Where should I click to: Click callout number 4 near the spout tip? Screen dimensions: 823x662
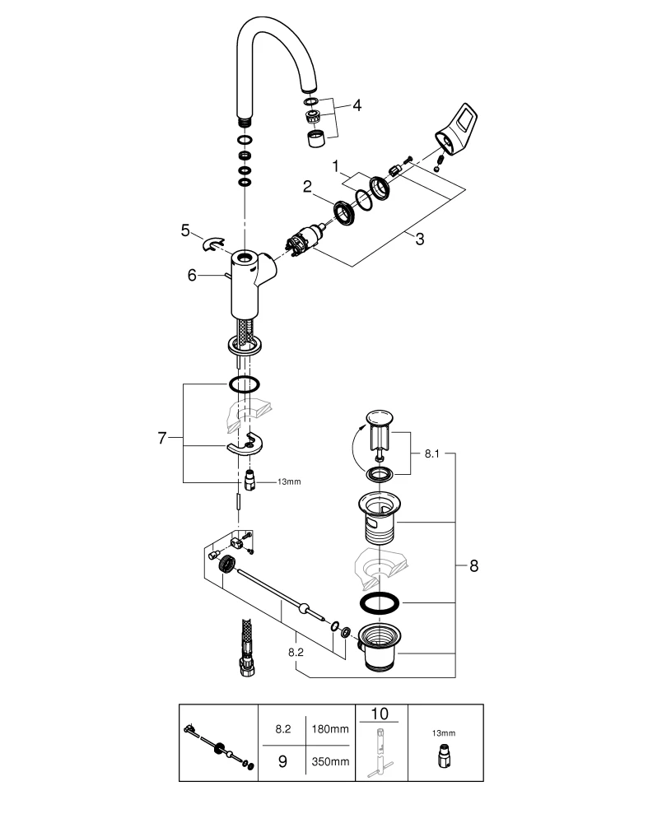tap(357, 105)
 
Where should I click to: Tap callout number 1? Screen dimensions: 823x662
tap(335, 166)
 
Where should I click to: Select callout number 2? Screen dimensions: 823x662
tap(306, 187)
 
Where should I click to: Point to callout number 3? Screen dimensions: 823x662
tap(419, 239)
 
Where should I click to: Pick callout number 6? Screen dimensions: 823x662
tap(192, 276)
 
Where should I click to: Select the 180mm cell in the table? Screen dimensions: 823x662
tap(325, 729)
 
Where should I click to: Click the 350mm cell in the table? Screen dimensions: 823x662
tap(325, 762)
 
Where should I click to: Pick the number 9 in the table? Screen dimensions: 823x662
tap(282, 762)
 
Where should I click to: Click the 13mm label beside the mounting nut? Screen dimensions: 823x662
tap(288, 481)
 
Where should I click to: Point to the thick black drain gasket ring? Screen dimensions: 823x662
tap(380, 603)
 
